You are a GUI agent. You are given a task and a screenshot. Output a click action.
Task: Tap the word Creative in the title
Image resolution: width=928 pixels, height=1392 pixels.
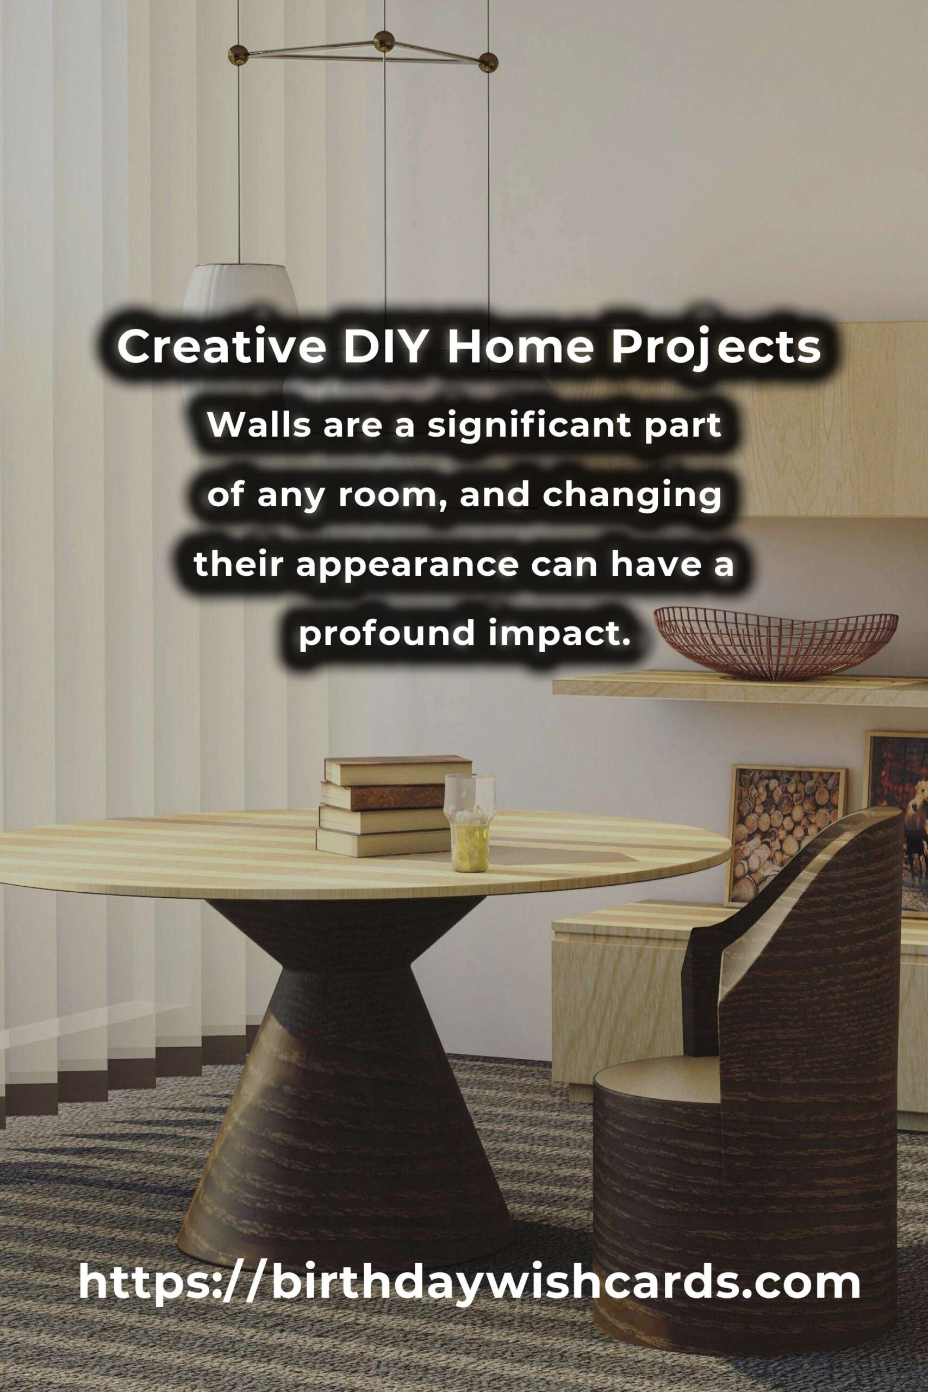[222, 347]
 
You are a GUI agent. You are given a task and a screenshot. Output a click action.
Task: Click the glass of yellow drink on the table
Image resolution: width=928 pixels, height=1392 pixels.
[470, 823]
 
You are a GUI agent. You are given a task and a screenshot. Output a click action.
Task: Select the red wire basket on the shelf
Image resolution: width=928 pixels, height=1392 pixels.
[775, 644]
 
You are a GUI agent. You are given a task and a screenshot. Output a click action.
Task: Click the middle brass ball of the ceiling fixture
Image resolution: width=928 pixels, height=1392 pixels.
[385, 40]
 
